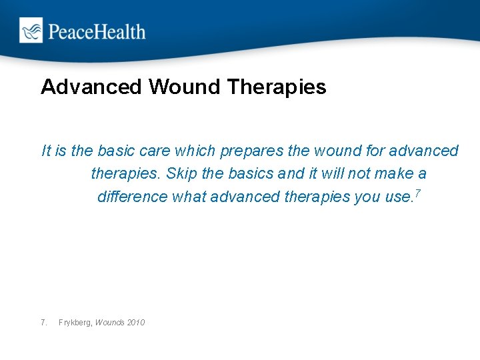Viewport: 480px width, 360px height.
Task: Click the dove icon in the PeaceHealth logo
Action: [x=31, y=31]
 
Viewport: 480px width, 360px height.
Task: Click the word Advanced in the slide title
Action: [x=92, y=87]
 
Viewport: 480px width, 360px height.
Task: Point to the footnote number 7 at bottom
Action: [x=44, y=323]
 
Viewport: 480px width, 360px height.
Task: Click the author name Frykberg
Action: [x=75, y=323]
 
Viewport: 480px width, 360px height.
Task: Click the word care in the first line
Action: [x=154, y=151]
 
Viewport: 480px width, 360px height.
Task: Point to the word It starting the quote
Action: [x=46, y=151]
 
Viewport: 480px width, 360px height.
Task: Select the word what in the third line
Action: [x=189, y=197]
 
